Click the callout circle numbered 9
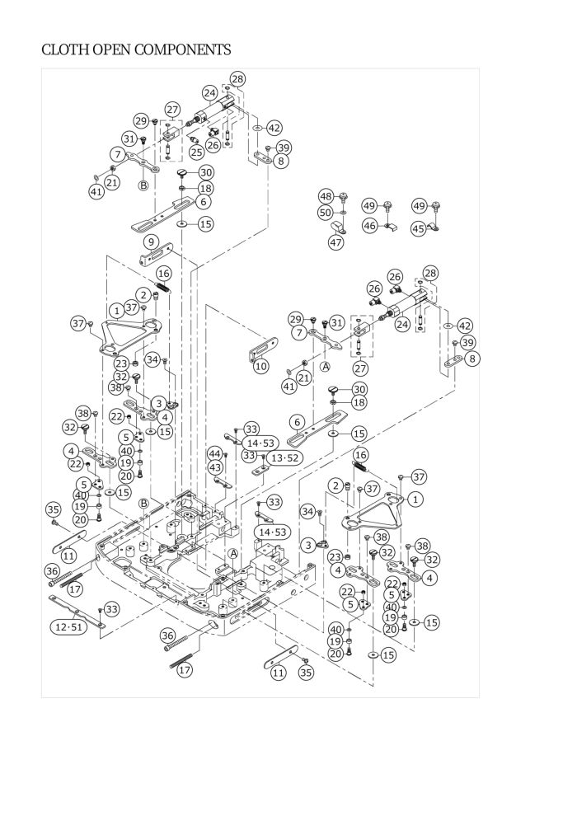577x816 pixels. click(x=150, y=242)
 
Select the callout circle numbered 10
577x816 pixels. click(x=260, y=365)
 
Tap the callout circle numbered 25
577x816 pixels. click(x=196, y=152)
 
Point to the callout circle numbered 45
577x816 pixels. click(x=418, y=227)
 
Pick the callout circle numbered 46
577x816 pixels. click(x=371, y=225)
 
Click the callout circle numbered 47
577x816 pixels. click(x=335, y=242)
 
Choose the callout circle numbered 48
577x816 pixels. click(x=326, y=196)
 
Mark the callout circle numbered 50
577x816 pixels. click(x=326, y=213)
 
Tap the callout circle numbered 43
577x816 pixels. click(x=214, y=467)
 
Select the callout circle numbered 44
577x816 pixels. click(x=214, y=454)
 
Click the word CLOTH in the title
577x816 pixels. click(x=63, y=50)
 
